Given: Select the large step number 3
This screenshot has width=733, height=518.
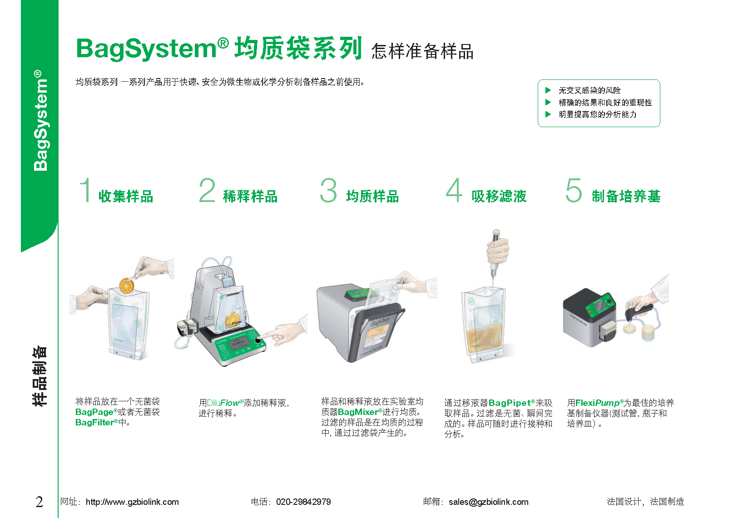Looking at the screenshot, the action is [328, 190].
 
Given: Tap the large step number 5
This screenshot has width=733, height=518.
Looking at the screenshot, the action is [574, 190].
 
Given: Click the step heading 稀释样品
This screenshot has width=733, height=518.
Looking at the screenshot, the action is [250, 196].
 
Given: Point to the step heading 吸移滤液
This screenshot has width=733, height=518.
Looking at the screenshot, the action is [499, 196].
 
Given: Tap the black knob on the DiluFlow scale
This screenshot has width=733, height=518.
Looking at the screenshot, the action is [258, 340].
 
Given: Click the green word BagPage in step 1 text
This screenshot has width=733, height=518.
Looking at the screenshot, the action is [94, 412].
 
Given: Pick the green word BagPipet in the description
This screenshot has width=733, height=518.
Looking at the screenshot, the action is [510, 403].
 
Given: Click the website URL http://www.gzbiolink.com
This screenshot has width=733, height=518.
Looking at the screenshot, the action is [132, 502].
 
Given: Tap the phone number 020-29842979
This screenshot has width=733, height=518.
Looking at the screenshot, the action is [303, 502].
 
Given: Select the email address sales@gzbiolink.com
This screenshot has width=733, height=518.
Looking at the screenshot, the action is [489, 502].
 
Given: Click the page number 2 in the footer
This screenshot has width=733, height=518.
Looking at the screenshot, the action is [39, 502].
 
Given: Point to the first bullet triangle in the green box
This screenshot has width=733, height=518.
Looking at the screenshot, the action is [548, 90].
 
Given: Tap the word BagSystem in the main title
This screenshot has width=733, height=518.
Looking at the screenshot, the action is [146, 49].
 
